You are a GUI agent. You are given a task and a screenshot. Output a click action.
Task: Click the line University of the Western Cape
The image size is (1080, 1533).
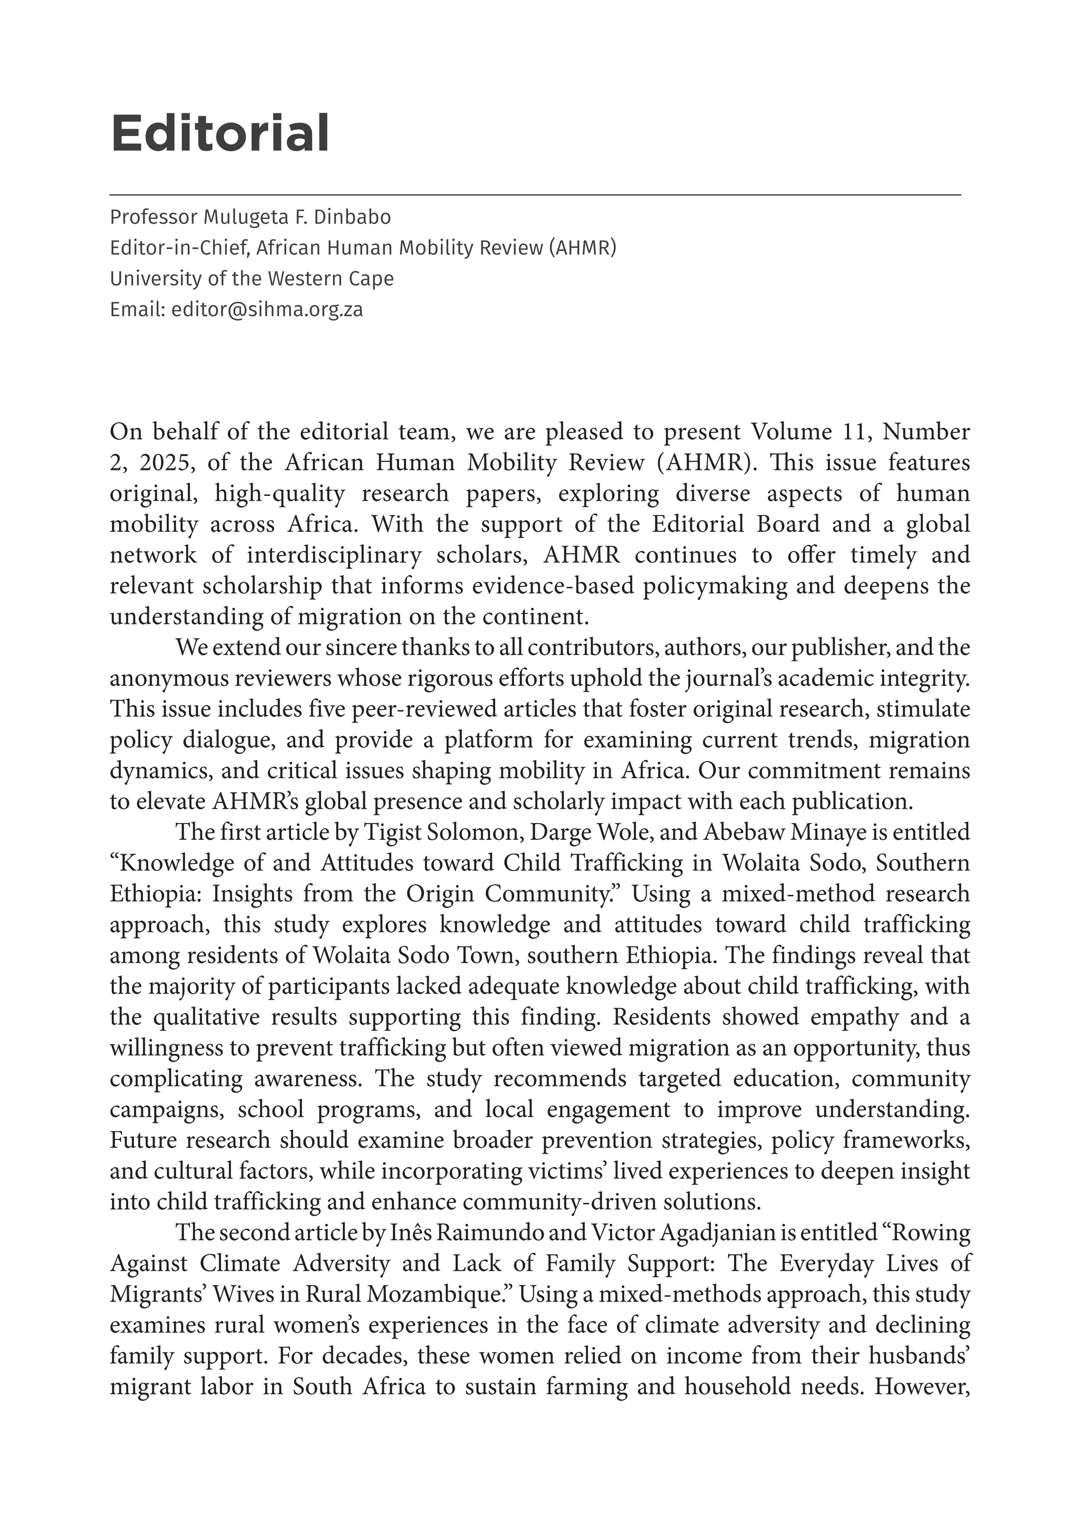252,279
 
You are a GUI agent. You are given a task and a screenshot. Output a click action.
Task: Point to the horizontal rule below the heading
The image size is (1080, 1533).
534,194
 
